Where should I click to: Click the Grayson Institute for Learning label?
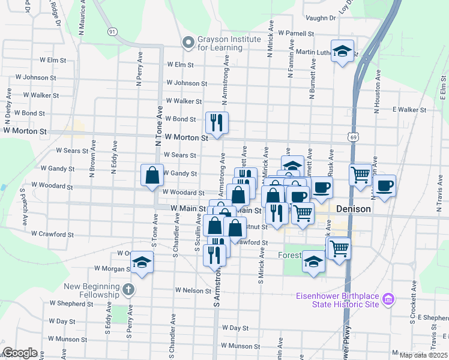point(229,43)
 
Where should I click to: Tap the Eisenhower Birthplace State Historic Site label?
point(337,299)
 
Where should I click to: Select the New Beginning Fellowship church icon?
point(127,290)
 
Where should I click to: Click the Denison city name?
point(354,208)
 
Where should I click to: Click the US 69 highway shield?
point(352,137)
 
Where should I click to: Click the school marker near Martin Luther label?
point(342,51)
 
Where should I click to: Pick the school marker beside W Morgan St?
point(142,262)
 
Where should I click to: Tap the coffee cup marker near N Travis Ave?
point(384,185)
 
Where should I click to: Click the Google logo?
point(20,353)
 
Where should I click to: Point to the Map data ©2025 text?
point(424,355)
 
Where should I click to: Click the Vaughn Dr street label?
point(322,19)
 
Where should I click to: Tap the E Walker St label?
point(409,110)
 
